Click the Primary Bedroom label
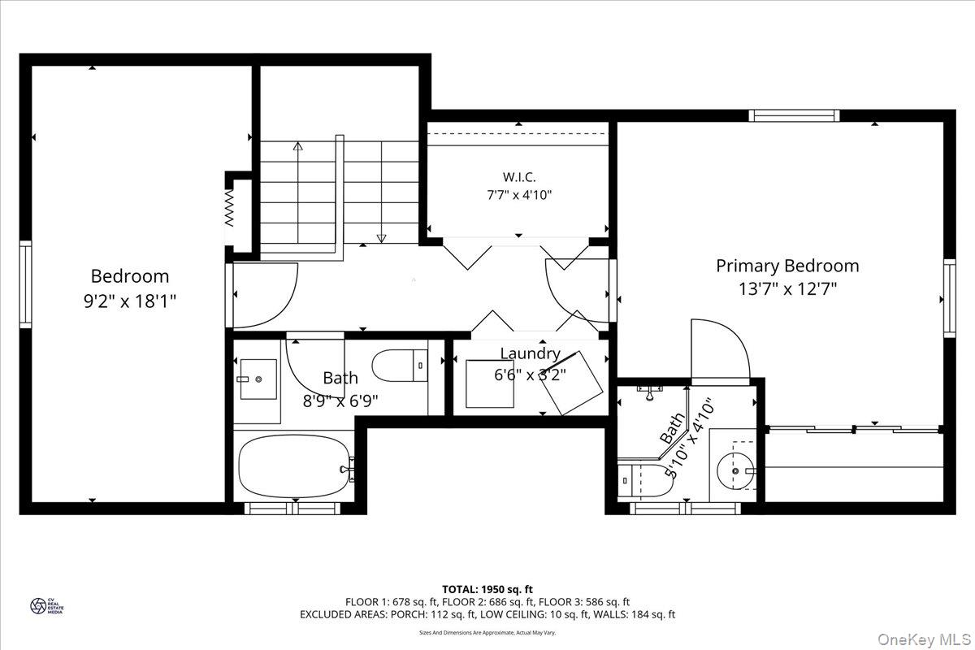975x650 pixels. (786, 266)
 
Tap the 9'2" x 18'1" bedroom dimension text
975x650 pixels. (130, 300)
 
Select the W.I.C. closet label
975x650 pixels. (518, 177)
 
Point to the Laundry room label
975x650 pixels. (530, 353)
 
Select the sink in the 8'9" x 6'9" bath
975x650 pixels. (258, 379)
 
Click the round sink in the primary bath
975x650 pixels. (736, 470)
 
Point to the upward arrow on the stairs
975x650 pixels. (297, 147)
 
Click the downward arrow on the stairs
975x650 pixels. (380, 237)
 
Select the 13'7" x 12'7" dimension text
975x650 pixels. (786, 288)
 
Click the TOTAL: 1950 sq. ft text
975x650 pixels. (487, 588)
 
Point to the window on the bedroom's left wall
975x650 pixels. (25, 284)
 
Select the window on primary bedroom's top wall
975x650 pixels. (794, 115)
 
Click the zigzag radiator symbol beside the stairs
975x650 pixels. (230, 209)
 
